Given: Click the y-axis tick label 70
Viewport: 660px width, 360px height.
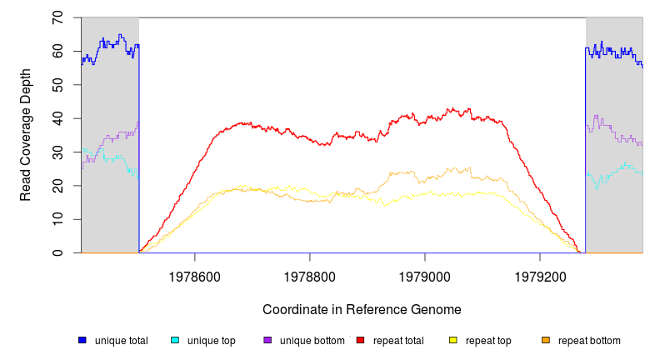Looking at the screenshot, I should (x=57, y=17).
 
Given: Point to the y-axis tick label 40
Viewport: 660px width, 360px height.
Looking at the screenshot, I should (x=57, y=118).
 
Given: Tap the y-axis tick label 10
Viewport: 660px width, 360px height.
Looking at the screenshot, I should (x=57, y=219).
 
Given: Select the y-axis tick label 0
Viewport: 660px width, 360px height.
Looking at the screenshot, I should (x=57, y=252).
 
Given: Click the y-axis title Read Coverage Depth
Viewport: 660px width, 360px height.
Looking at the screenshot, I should (x=26, y=135).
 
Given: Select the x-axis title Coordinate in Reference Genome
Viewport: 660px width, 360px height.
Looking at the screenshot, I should (x=362, y=309).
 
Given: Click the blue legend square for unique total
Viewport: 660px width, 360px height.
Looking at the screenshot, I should (x=82, y=340).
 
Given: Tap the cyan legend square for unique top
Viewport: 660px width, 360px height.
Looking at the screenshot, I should (x=175, y=340).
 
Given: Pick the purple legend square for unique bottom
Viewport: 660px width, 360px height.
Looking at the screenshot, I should (x=267, y=340).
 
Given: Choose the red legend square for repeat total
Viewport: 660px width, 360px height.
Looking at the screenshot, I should (x=360, y=340).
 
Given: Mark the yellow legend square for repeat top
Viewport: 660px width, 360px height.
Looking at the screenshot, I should (x=452, y=340).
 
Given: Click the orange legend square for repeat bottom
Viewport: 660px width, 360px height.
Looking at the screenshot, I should (x=546, y=340).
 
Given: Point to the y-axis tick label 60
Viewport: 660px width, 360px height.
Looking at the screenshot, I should (x=57, y=51).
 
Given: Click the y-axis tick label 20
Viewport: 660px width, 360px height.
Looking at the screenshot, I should (x=57, y=186).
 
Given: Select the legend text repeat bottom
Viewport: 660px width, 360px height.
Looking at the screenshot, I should (x=589, y=341).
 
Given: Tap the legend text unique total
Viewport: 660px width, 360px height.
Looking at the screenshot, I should (x=122, y=341).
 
